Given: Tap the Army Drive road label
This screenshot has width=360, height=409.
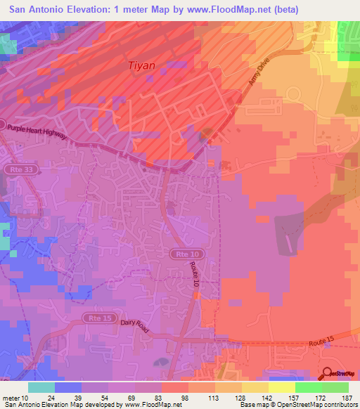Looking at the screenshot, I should tap(259, 72).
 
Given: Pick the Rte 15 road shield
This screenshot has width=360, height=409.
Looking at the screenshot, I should tap(96, 318).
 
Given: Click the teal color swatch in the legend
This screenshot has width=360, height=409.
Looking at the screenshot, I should tap(41, 387).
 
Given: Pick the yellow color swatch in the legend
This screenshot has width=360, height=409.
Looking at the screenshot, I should tap(282, 387).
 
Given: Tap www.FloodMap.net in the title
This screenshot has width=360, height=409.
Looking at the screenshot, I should tap(217, 10).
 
